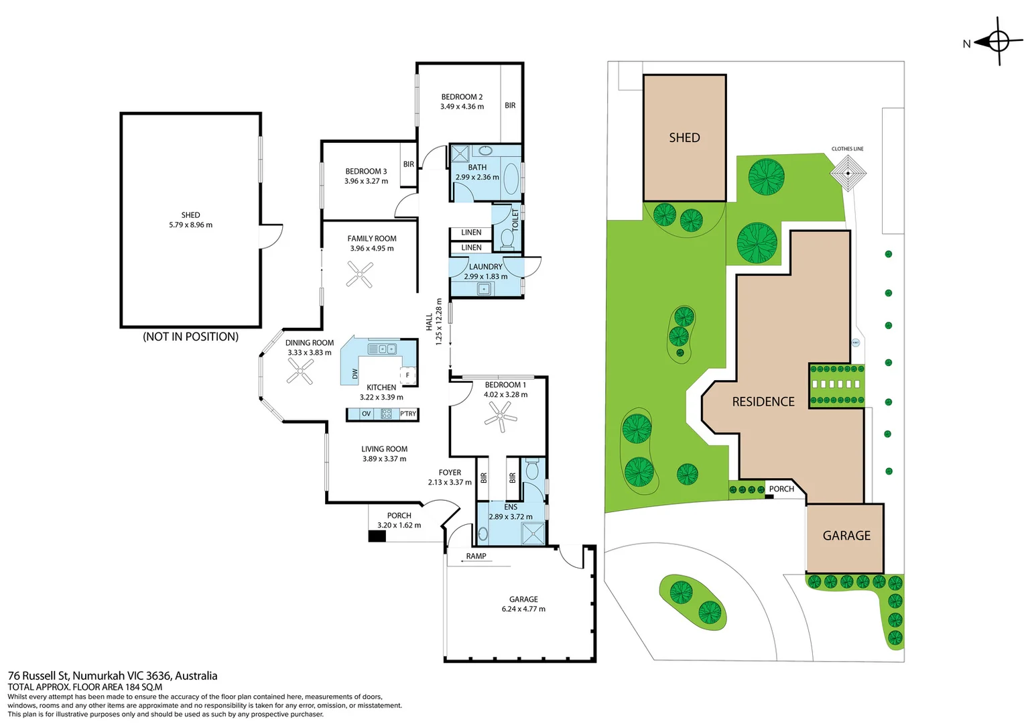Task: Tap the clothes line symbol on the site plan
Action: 848,174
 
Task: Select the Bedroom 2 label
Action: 462,101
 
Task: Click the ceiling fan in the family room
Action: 360,274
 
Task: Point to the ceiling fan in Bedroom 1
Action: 501,417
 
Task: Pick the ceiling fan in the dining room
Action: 300,371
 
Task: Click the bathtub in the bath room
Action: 511,178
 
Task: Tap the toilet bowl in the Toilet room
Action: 507,239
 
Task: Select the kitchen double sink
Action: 383,349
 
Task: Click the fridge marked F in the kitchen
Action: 407,375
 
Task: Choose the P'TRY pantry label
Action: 408,414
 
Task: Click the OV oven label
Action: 366,414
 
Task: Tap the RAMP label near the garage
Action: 476,556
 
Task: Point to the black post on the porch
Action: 377,536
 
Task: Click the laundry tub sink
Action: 484,288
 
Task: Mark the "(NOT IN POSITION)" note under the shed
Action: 190,337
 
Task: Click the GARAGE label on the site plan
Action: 846,536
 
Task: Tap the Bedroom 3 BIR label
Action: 409,164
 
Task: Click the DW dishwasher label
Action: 355,373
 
